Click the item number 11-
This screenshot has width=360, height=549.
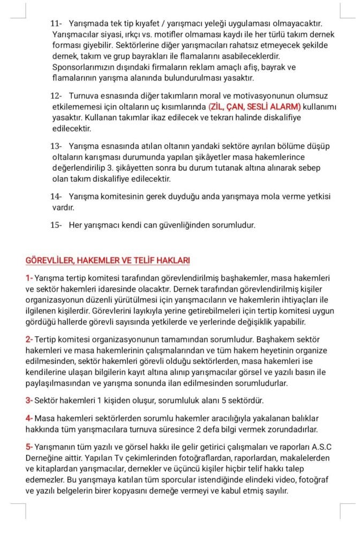coord(56,24)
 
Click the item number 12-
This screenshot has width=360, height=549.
coord(56,95)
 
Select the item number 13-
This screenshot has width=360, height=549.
coord(56,146)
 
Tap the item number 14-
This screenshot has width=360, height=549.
coord(56,196)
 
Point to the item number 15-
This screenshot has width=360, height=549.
coord(56,225)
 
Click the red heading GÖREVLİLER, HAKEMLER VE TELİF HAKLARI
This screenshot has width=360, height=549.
coord(108,261)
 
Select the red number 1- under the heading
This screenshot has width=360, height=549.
coord(29,278)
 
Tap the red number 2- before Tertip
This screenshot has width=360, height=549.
coord(29,339)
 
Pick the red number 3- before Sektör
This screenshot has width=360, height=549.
coord(29,400)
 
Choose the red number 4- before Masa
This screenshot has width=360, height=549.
coord(29,418)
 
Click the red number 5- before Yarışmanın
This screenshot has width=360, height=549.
coord(29,447)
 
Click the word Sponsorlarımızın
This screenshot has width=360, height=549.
coord(85,67)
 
